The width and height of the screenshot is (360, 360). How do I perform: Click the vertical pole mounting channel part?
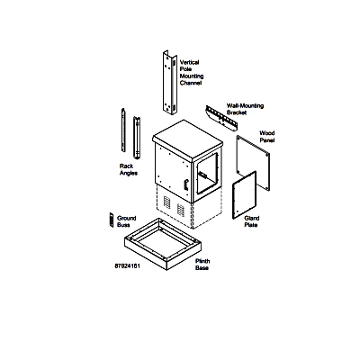(x=169, y=83)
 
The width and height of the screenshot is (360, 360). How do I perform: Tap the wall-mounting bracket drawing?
(x=221, y=118)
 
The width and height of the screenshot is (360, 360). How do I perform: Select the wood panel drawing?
(x=253, y=162)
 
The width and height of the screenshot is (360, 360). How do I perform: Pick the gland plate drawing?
(x=244, y=195)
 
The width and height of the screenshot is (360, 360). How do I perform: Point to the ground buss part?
(x=112, y=220)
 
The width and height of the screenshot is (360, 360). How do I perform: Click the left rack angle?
(x=123, y=130)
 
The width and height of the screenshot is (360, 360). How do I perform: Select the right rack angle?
(x=137, y=138)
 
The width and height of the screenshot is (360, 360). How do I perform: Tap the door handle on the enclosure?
(x=185, y=184)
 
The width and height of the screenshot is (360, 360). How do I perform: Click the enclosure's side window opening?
(x=207, y=174)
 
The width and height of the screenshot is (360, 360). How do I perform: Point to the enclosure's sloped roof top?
(x=187, y=138)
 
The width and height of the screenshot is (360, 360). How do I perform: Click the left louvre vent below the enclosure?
(x=166, y=202)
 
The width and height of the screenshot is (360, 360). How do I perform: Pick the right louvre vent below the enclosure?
(x=181, y=210)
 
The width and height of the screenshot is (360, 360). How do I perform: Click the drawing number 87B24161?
(x=127, y=266)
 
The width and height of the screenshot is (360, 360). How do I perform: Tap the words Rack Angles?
(x=129, y=169)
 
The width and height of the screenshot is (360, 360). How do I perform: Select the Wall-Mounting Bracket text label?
(x=245, y=109)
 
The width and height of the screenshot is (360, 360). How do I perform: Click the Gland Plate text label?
(x=252, y=221)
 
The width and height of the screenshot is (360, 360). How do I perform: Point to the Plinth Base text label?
(x=202, y=265)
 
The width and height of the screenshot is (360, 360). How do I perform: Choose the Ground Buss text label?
(x=126, y=221)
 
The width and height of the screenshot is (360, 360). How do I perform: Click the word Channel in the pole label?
(x=191, y=83)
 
